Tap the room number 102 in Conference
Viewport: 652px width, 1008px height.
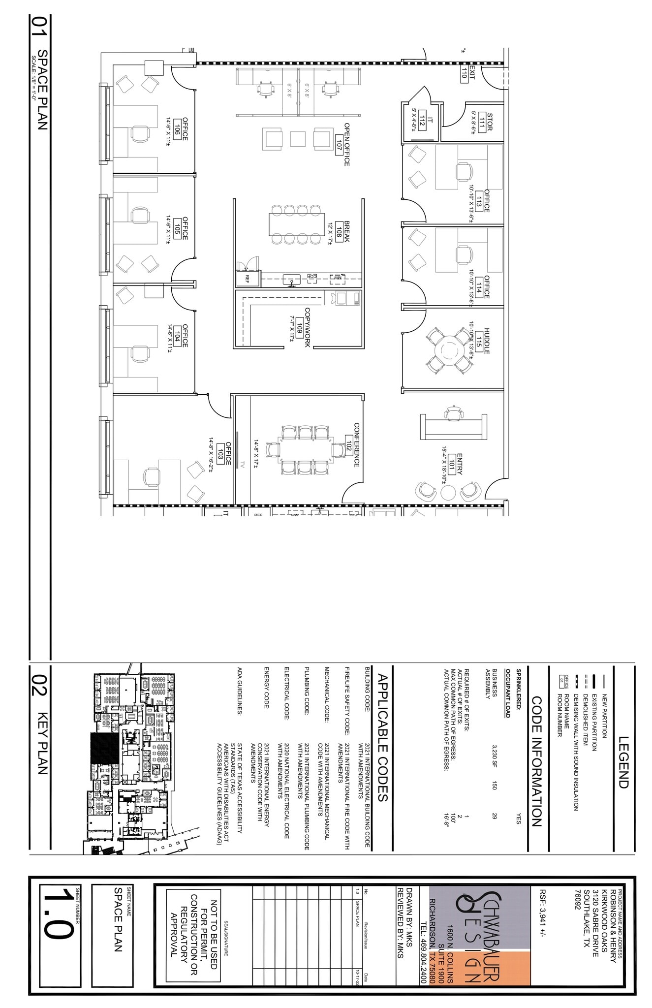pyautogui.click(x=348, y=445)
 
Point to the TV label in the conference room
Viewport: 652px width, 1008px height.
pyautogui.click(x=242, y=464)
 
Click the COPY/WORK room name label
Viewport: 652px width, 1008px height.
pyautogui.click(x=307, y=327)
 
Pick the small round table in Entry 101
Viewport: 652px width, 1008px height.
pyautogui.click(x=448, y=492)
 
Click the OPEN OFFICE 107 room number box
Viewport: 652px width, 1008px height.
pyautogui.click(x=339, y=145)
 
